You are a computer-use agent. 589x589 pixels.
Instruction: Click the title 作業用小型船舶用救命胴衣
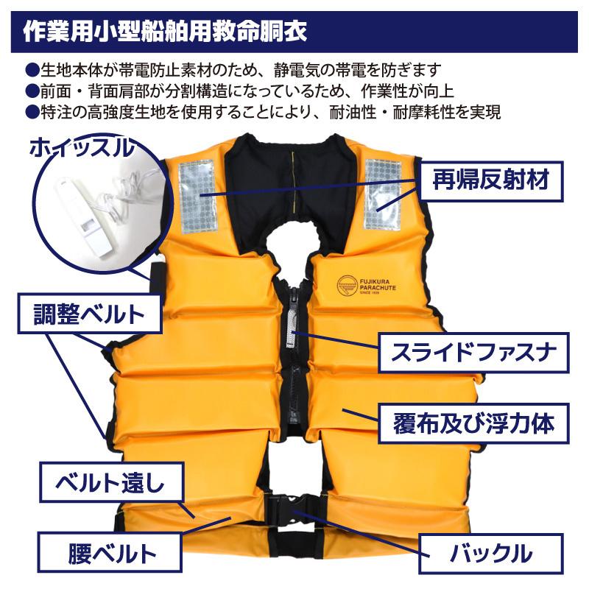(x=165, y=31)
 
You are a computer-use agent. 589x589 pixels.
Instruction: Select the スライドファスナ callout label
(x=474, y=352)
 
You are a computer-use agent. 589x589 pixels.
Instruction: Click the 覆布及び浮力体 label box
(x=474, y=423)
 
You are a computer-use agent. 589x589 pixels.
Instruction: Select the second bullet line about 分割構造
(x=243, y=91)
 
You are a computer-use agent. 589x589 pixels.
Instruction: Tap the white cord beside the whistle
(x=118, y=193)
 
